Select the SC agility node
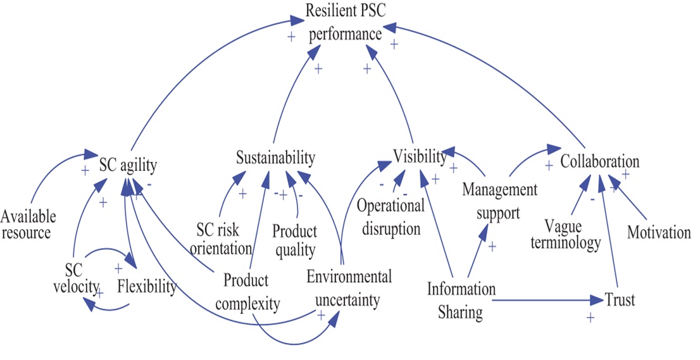click(128, 165)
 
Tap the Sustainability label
click(275, 158)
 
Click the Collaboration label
click(600, 161)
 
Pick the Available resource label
click(28, 225)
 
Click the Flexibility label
click(146, 287)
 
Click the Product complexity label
click(247, 292)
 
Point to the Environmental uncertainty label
click(349, 287)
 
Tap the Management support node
click(499, 201)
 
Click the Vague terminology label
click(572, 233)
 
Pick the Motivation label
click(659, 233)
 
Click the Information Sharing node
click(461, 301)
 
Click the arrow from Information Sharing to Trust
click(544, 300)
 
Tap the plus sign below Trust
click(591, 318)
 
